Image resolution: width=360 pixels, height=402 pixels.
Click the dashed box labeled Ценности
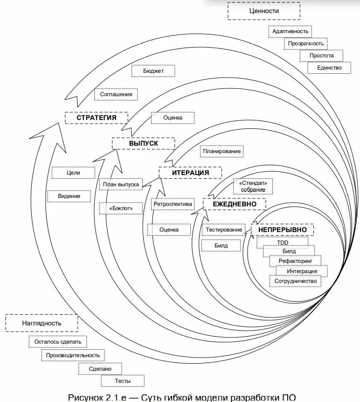coord(263,11)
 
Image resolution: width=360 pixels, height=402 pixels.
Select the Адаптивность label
coord(291,31)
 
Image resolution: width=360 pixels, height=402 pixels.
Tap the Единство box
coord(329,68)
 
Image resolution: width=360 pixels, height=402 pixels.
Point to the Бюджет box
coord(153,71)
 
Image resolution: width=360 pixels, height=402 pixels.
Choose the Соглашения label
coord(116,94)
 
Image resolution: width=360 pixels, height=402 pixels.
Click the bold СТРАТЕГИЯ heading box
coord(96,118)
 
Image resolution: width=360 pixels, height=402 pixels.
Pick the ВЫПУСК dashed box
coord(144,143)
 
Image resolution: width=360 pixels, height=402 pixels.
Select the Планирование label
coord(222,151)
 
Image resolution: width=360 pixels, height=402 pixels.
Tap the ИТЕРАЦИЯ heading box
coord(190,172)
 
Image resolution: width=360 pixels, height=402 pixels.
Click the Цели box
coord(73,173)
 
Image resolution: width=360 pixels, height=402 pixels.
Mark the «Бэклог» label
coord(121,208)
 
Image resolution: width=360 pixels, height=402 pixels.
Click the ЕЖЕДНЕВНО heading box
coord(235,204)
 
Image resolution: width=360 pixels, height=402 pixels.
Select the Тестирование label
coord(224,229)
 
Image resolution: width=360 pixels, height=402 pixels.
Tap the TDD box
coord(283,242)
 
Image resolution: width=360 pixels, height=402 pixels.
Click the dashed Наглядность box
coord(42,323)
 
